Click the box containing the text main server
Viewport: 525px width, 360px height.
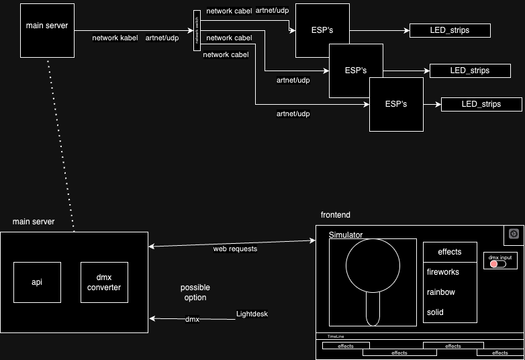point(46,30)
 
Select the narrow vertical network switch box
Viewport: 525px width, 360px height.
point(197,30)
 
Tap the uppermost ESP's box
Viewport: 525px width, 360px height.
point(322,30)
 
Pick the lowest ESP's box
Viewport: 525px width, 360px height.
point(396,104)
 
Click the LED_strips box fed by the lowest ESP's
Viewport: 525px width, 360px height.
point(481,104)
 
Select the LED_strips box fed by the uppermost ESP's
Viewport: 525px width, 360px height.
point(450,30)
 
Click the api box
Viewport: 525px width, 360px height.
point(37,282)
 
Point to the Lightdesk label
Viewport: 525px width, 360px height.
point(252,314)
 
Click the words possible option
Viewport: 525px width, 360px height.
point(195,292)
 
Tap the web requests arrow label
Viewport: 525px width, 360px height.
point(235,249)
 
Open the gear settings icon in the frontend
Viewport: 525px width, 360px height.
point(514,234)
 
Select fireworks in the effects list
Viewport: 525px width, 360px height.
point(443,272)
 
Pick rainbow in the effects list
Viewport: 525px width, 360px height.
point(441,292)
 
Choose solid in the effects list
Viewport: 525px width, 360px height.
point(435,312)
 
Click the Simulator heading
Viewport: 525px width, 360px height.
point(346,234)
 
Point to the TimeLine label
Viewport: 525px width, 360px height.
point(336,336)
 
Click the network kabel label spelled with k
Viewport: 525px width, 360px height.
point(115,38)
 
